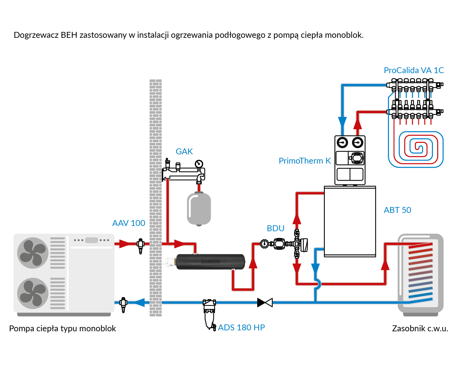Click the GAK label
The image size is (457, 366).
[x=184, y=152]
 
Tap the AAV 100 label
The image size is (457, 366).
[x=128, y=223]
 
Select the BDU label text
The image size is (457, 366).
[x=276, y=228]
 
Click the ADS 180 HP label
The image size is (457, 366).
[x=242, y=328]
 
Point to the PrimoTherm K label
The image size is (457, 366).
[x=305, y=161]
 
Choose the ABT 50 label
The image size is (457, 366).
[x=397, y=210]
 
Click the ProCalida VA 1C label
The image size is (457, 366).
[x=414, y=70]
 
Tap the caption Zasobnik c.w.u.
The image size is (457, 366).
[x=420, y=329]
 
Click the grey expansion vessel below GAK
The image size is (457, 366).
[x=199, y=209]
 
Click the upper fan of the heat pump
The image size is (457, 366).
[x=33, y=253]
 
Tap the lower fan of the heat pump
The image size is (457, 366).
[x=33, y=293]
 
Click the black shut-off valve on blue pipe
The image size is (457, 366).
[x=265, y=302]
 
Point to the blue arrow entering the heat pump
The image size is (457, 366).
[x=140, y=302]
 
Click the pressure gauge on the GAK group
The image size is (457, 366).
[x=199, y=164]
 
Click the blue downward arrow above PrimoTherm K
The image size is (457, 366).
[x=342, y=122]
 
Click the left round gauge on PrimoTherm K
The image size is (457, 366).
[x=342, y=143]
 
